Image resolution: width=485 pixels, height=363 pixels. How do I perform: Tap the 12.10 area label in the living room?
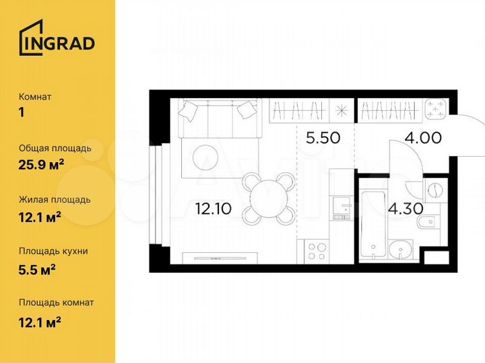tap(213, 208)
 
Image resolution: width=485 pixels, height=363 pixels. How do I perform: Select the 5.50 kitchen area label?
tap(323, 138)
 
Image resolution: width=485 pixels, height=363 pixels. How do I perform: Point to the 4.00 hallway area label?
tap(422, 138)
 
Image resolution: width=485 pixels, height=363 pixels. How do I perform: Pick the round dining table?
tap(269, 199)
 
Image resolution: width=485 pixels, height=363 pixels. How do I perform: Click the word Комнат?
tap(36, 97)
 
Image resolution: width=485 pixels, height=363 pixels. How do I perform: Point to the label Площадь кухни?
tap(53, 251)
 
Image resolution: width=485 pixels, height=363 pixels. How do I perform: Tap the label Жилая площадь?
tap(55, 200)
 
